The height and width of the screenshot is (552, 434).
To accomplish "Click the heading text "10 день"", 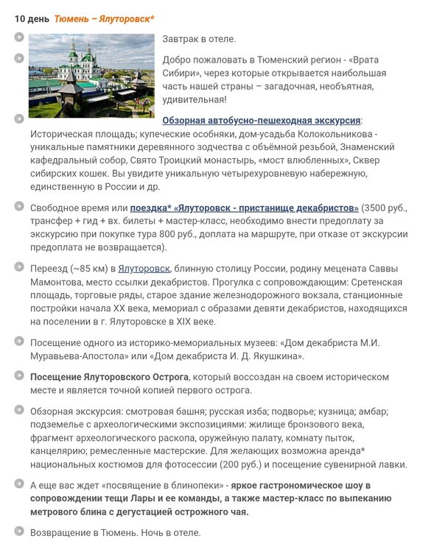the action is (32, 17).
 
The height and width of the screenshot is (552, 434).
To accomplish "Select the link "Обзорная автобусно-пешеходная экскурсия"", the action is (262, 120).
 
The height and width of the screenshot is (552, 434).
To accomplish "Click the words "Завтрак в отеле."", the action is (199, 38).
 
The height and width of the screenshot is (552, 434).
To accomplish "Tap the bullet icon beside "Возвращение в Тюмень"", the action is (18, 532).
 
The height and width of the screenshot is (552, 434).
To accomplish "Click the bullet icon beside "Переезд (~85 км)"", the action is (18, 269).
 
